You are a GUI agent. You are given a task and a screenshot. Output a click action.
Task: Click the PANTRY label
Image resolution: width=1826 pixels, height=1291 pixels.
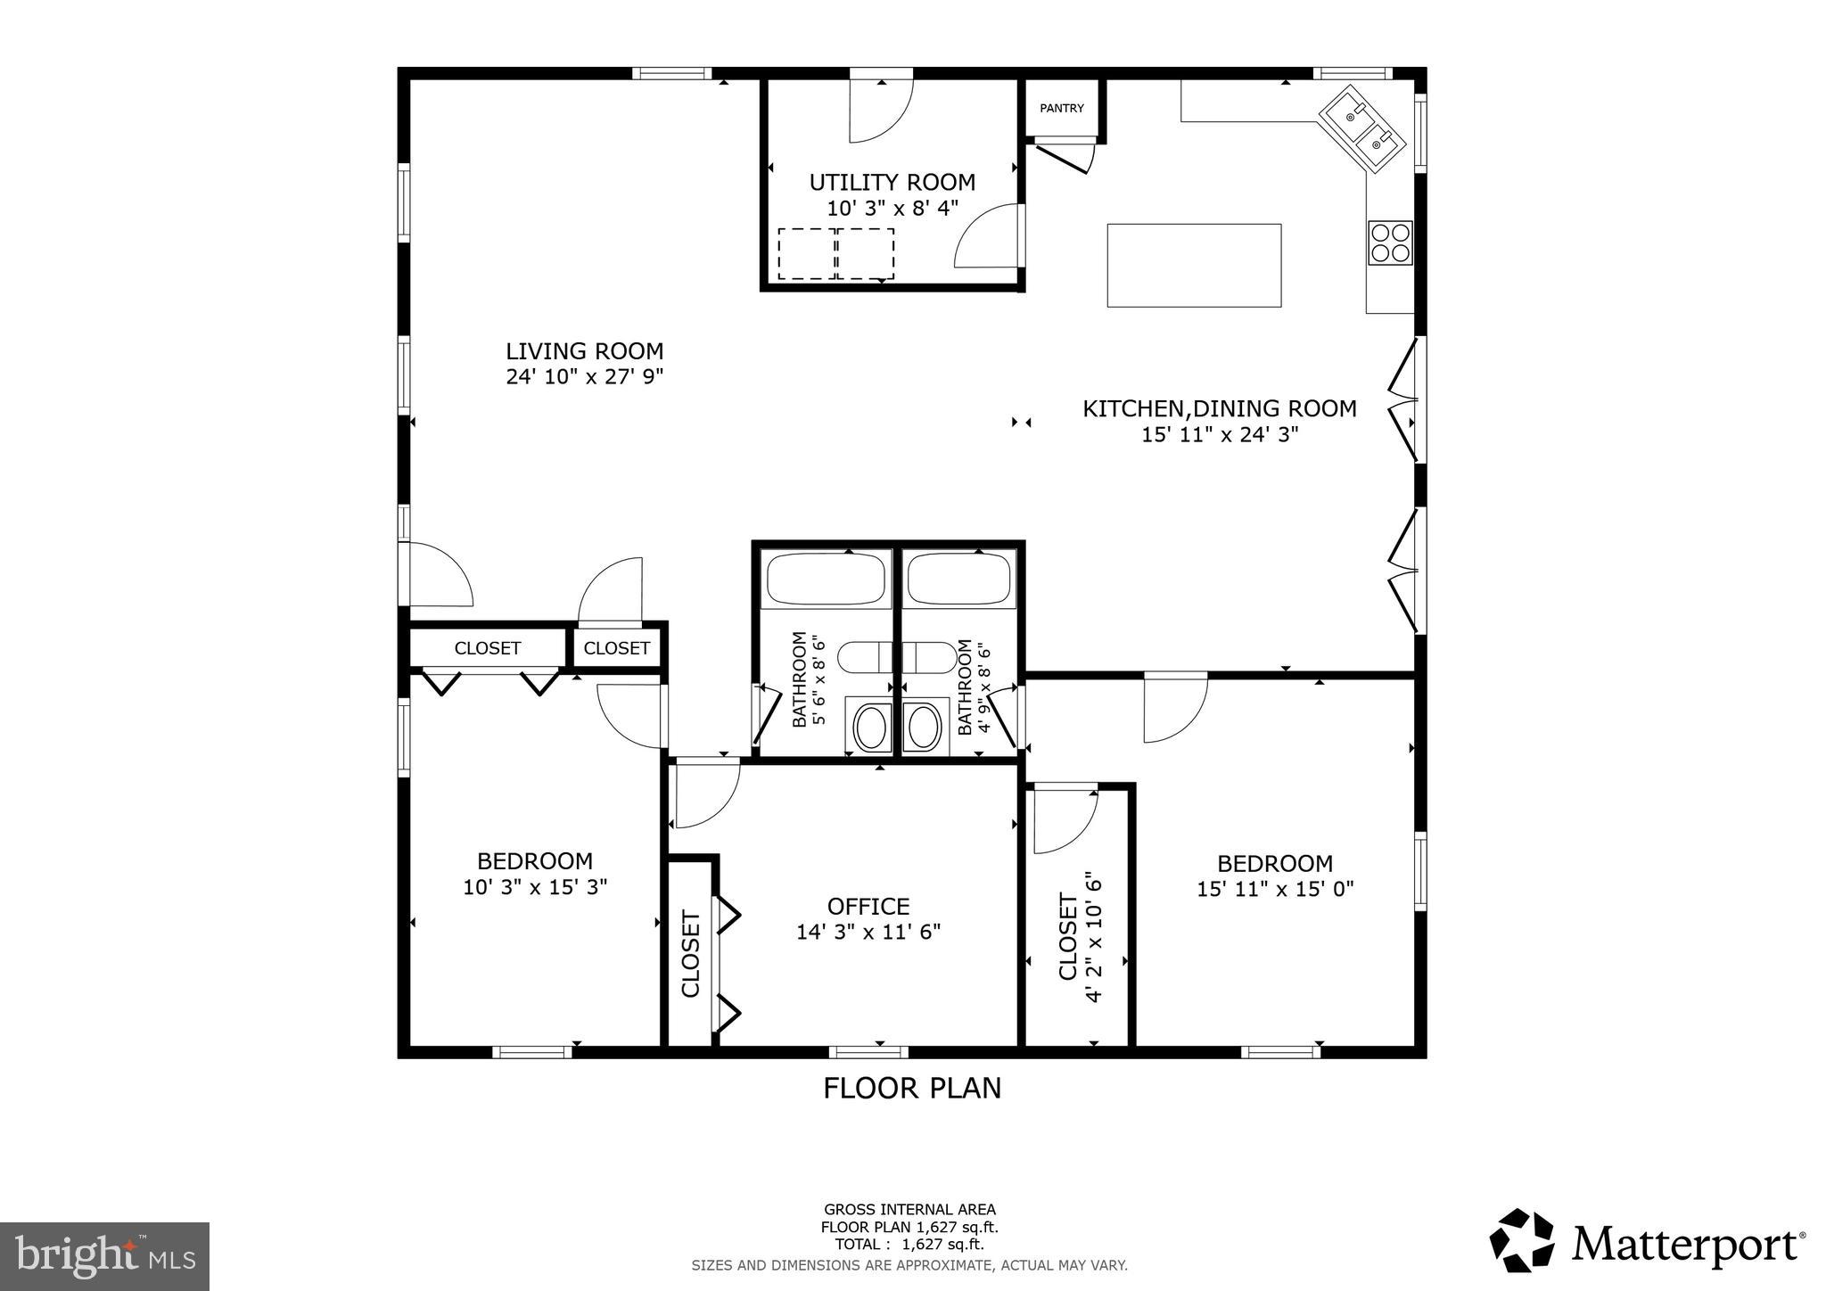pos(1061,108)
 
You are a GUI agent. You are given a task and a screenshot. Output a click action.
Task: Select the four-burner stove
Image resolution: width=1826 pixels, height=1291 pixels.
pos(1391,243)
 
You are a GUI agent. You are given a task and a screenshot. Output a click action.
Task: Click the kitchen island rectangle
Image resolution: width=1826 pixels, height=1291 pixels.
pos(1194,265)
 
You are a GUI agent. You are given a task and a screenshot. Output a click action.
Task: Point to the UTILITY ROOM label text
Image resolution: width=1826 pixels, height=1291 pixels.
pos(892,183)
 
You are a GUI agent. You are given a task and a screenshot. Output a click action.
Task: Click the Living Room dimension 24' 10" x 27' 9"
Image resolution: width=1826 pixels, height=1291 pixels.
pos(584,377)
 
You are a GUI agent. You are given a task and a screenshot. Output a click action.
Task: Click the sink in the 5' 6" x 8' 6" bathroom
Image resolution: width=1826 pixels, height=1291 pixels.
pos(870,727)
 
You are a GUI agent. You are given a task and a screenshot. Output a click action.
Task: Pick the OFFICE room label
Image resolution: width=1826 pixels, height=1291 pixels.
pos(868,907)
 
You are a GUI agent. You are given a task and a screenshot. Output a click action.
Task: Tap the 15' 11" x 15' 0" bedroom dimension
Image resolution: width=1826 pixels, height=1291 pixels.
pos(1275,889)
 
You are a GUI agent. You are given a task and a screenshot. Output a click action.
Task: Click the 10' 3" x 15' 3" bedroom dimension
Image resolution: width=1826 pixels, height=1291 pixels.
pos(535,887)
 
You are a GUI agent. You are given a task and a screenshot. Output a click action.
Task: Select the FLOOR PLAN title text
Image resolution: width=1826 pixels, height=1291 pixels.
pos(911,1089)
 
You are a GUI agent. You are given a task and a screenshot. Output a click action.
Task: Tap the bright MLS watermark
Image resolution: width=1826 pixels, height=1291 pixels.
pos(104,1256)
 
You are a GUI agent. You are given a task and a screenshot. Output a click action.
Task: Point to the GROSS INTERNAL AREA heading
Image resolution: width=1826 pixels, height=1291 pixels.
pos(909,1210)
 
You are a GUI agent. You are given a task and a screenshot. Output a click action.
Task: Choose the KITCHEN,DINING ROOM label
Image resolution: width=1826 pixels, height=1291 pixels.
pos(1219,409)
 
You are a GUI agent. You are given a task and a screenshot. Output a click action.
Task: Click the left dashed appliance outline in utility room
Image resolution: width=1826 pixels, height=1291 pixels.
pos(806,253)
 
